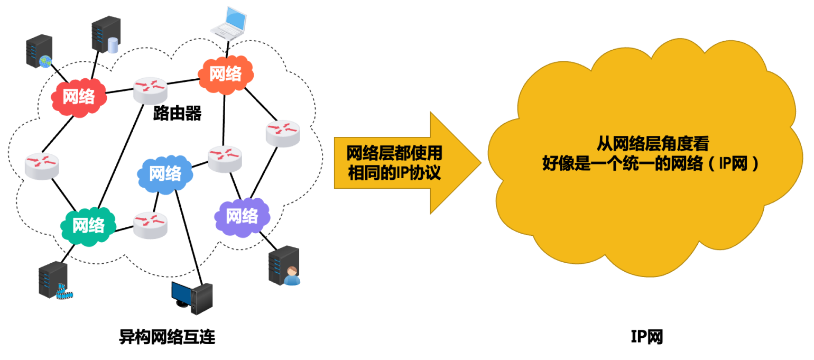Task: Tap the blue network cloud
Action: [165, 173]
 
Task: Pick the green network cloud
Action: [88, 225]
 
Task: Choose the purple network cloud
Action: [242, 216]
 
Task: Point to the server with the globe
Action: [40, 51]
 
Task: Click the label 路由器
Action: [177, 113]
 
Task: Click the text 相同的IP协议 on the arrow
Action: [394, 172]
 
